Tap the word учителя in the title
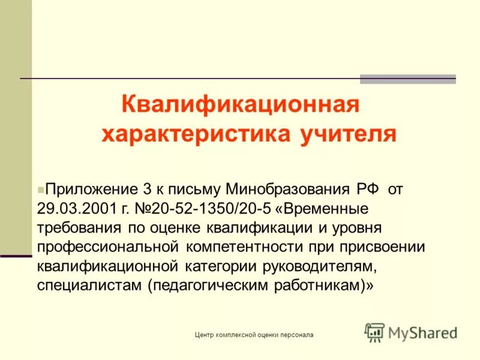tap(346, 133)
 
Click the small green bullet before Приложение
tap(40, 189)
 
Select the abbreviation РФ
tap(368, 190)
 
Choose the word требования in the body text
tap(78, 229)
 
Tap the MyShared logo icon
tap(374, 332)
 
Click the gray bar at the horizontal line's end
tap(407, 79)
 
